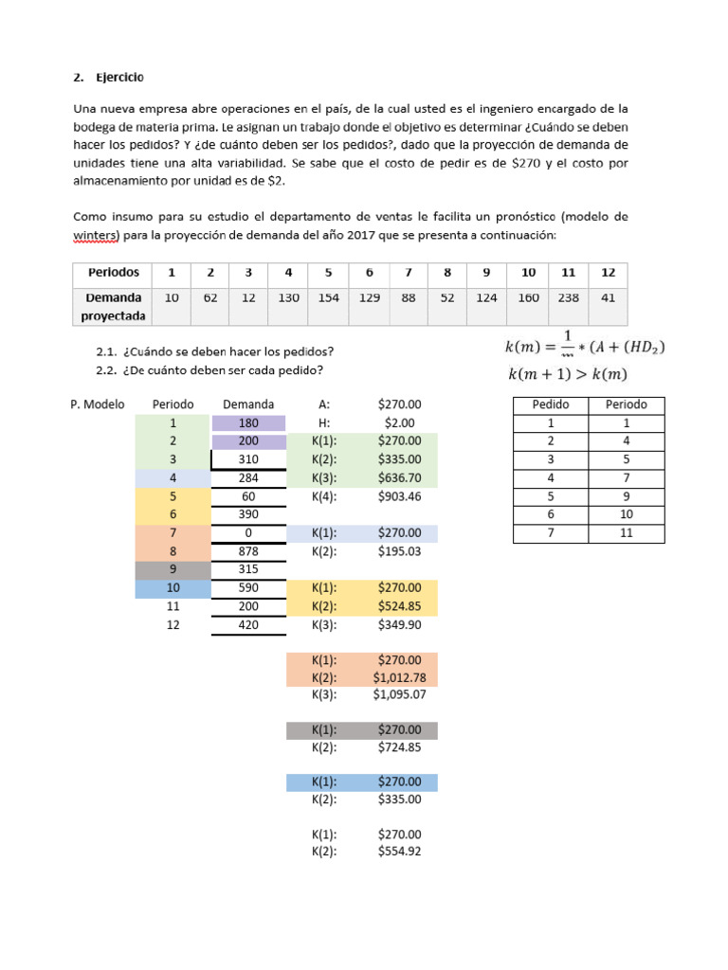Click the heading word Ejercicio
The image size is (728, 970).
coord(119,76)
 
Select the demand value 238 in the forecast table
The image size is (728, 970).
coord(568,297)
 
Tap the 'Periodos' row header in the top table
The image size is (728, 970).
coord(115,272)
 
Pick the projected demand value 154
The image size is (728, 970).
coord(328,297)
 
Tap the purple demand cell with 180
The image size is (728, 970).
coord(248,423)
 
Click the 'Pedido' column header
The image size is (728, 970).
coord(551,404)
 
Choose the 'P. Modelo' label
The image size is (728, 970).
coord(98,404)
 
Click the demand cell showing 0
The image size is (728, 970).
coord(248,531)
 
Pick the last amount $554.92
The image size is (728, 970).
coord(399,852)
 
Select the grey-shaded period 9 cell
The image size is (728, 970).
coord(173,568)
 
